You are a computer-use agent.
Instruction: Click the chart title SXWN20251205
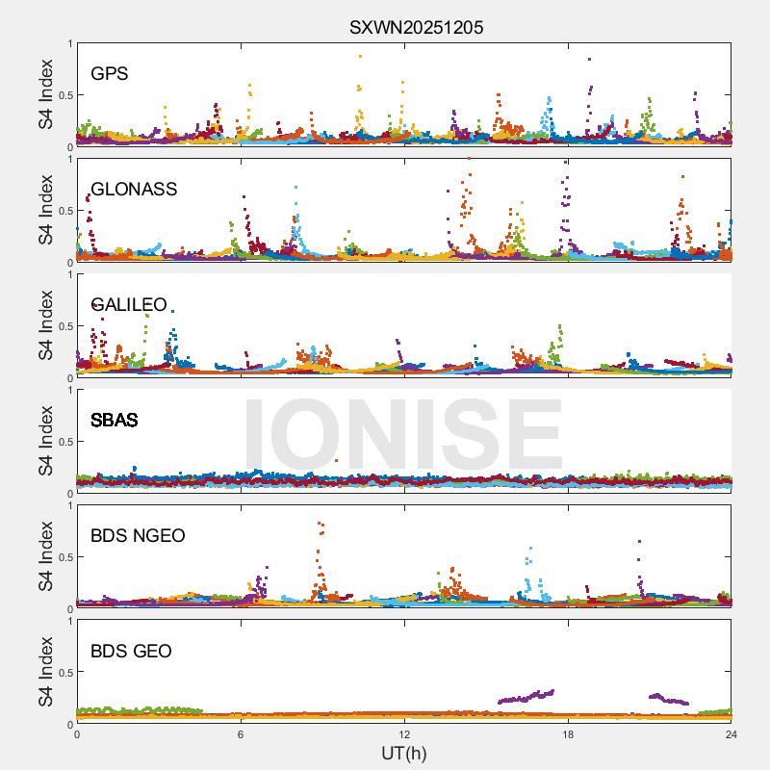(x=416, y=27)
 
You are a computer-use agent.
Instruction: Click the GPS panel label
(x=110, y=73)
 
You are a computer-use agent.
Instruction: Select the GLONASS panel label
(x=134, y=189)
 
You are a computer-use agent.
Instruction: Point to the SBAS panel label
(x=115, y=420)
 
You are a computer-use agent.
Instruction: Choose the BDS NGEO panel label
(x=138, y=535)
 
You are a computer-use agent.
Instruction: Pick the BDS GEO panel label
(x=131, y=651)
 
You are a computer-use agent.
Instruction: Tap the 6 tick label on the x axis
(x=241, y=734)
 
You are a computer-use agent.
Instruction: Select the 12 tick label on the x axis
(x=404, y=734)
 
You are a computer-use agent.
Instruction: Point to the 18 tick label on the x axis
(x=568, y=734)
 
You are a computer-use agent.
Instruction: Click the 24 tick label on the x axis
(x=731, y=734)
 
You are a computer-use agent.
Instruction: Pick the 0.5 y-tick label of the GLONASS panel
(x=62, y=211)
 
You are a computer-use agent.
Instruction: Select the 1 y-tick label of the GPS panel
(x=69, y=43)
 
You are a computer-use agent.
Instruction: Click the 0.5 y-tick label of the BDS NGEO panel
(x=62, y=557)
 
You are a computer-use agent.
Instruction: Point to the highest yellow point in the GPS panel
(x=361, y=56)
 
